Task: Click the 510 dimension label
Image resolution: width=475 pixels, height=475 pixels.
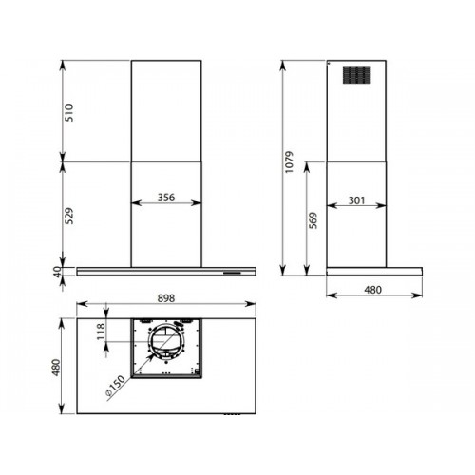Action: pos(69,113)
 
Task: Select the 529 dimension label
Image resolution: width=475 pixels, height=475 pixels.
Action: pos(69,216)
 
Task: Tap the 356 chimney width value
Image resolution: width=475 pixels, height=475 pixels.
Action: pos(166,198)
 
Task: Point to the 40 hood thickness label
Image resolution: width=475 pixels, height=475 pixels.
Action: pos(57,272)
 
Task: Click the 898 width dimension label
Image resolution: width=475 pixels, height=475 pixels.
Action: pos(166,298)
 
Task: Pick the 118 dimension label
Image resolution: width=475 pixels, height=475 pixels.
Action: pos(101,332)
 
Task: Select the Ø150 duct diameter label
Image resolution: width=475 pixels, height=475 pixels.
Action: pos(115,386)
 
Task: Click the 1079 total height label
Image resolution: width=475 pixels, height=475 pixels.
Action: pos(290,161)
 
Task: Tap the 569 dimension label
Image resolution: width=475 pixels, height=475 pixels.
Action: pos(313,220)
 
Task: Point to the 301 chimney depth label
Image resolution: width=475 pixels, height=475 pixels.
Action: pos(356,200)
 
